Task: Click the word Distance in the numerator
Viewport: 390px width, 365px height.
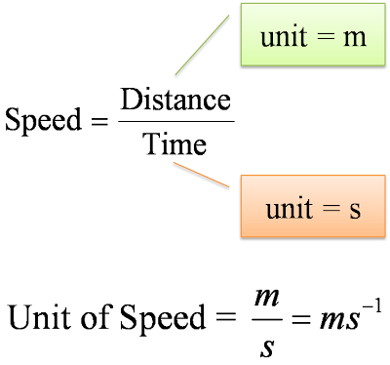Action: [175, 100]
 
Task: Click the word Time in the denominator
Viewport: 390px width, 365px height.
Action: [175, 143]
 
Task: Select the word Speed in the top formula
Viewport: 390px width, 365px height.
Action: [43, 120]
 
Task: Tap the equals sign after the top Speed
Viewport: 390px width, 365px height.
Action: [99, 122]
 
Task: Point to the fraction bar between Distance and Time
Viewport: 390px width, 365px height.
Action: [176, 122]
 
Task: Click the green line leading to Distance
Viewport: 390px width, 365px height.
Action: [202, 45]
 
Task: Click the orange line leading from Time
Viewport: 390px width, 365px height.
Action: [202, 175]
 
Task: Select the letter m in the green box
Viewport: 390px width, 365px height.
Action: [355, 38]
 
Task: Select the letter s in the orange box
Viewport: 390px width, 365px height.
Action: [355, 210]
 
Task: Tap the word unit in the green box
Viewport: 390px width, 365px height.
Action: [284, 35]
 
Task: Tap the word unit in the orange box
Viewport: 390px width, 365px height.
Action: [290, 207]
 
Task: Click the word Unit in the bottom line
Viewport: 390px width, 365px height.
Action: [39, 316]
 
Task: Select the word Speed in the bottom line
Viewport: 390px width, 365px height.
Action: [163, 319]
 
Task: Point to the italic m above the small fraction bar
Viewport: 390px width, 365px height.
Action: [267, 299]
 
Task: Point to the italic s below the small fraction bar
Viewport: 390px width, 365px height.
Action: [267, 348]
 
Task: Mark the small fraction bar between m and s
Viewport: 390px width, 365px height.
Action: [267, 319]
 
